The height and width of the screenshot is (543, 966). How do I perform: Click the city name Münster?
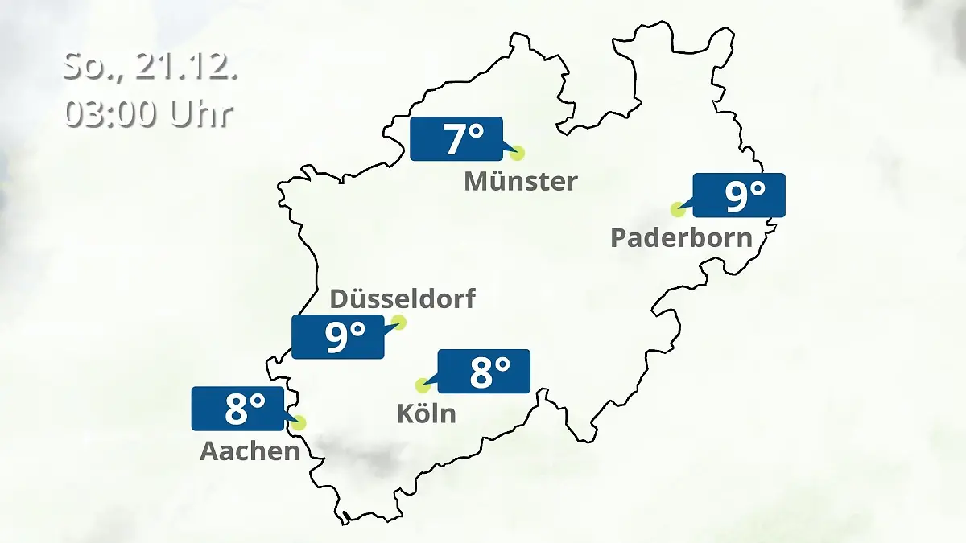coord(520,182)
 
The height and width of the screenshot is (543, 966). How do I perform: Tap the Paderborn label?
coord(681,238)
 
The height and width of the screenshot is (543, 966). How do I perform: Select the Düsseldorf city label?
coord(402,299)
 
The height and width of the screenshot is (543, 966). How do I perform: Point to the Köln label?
coord(426,413)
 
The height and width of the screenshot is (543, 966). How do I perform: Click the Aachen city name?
coord(250,451)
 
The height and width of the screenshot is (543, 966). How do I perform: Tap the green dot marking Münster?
coord(517,153)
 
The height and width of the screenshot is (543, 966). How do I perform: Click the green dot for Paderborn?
coord(678,209)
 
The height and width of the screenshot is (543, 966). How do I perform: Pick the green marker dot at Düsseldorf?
coord(398,323)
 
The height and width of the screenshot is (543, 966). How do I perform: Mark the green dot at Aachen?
coord(300,422)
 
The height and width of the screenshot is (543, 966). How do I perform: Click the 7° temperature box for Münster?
coord(456,139)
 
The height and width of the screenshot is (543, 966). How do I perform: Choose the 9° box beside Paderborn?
coord(739,195)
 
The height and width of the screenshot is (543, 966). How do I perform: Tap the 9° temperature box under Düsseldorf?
coord(338,337)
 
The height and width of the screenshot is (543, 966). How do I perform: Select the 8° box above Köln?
coord(484,371)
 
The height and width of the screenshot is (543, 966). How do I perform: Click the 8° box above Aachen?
coord(238,409)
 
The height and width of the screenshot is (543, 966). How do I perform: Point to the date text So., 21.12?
coord(150,67)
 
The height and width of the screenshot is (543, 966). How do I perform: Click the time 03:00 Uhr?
coord(148,114)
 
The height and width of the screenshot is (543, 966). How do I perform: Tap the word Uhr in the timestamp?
coord(200,114)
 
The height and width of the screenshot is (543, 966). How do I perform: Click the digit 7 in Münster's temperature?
coord(454,140)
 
